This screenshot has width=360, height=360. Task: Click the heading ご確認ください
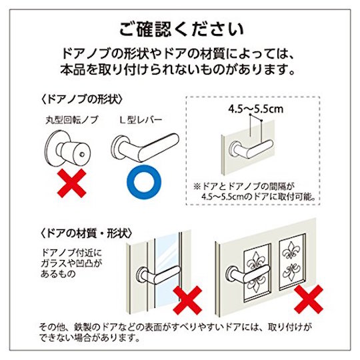[181, 29]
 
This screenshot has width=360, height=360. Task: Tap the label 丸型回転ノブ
[72, 120]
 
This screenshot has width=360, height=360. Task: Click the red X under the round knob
[71, 183]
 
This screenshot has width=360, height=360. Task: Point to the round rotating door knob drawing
[67, 149]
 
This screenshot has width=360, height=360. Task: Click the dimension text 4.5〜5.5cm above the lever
[255, 109]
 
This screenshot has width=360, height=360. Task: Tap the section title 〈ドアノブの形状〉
[82, 100]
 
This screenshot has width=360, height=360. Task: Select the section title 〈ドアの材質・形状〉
[87, 234]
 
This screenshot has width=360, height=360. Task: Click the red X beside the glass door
[187, 300]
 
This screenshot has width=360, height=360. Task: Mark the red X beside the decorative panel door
[309, 299]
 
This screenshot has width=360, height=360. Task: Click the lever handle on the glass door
[157, 275]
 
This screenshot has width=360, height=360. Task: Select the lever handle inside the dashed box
[251, 149]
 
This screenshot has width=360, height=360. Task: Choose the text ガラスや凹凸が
[71, 263]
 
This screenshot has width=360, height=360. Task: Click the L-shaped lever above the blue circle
[145, 147]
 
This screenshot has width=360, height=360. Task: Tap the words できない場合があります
[89, 338]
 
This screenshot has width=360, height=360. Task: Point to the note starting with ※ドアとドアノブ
[254, 191]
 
